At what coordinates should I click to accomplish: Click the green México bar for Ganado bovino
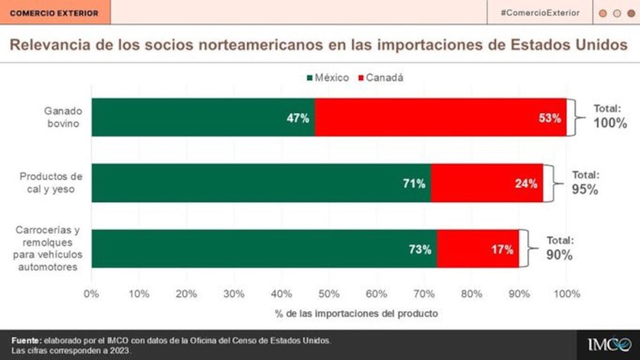pos(203,117)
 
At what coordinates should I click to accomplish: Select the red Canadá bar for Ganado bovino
pos(441,117)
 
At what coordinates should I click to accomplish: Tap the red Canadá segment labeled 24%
pos(487,183)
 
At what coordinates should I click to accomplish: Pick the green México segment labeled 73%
pos(264,249)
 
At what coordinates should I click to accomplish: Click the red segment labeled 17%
pos(478,249)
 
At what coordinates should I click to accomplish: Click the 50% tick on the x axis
pos(329,294)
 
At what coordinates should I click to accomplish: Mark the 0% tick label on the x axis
pos(92,294)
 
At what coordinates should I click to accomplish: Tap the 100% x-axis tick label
pos(567,294)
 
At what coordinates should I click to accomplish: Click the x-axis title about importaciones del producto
pos(329,314)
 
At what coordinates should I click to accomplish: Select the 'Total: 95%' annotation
pos(585,183)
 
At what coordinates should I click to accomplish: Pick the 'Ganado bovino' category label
pos(64,117)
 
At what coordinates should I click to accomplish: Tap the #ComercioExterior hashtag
pos(539,13)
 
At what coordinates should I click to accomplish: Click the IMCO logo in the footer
pos(609,344)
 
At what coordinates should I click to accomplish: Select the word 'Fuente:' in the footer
pos(26,339)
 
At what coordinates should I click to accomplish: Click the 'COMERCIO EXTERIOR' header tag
pos(55,13)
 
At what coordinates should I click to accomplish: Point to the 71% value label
pos(414,184)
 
